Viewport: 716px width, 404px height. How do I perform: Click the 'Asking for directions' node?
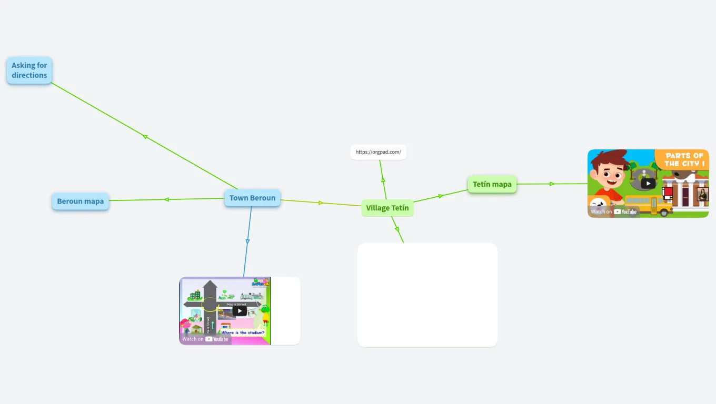29,70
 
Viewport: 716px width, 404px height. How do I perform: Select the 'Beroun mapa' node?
80,201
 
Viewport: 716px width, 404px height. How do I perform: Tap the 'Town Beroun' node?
252,198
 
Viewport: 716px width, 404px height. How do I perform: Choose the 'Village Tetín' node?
387,208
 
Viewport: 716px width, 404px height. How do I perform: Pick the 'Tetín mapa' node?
492,184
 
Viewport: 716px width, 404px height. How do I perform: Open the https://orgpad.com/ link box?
378,152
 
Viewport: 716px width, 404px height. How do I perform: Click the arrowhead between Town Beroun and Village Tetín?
321,203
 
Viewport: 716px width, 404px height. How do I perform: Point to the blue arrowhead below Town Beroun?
247,241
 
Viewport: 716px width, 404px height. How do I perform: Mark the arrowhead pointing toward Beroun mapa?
166,199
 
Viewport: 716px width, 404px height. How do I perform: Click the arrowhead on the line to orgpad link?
383,180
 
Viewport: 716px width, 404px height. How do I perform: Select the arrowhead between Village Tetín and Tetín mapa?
441,196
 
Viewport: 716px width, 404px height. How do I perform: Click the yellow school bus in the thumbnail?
648,205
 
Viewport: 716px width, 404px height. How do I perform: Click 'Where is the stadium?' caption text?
243,332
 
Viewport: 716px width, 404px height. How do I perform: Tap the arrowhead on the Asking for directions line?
145,137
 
